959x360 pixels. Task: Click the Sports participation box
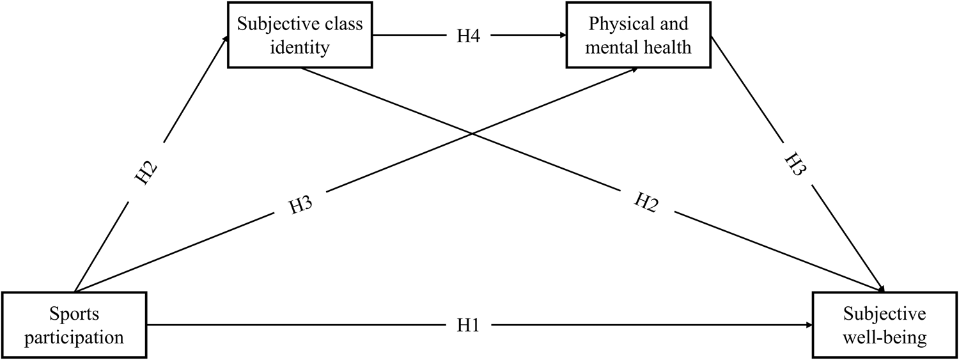click(74, 325)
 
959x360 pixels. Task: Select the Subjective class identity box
click(300, 35)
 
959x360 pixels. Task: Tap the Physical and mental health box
click(638, 35)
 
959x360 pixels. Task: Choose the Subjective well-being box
click(885, 325)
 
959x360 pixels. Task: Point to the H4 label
click(469, 36)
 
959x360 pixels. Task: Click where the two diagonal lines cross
click(472, 134)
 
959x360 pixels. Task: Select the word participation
click(74, 336)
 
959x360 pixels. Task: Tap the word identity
click(300, 47)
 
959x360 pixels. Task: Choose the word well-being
click(885, 336)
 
